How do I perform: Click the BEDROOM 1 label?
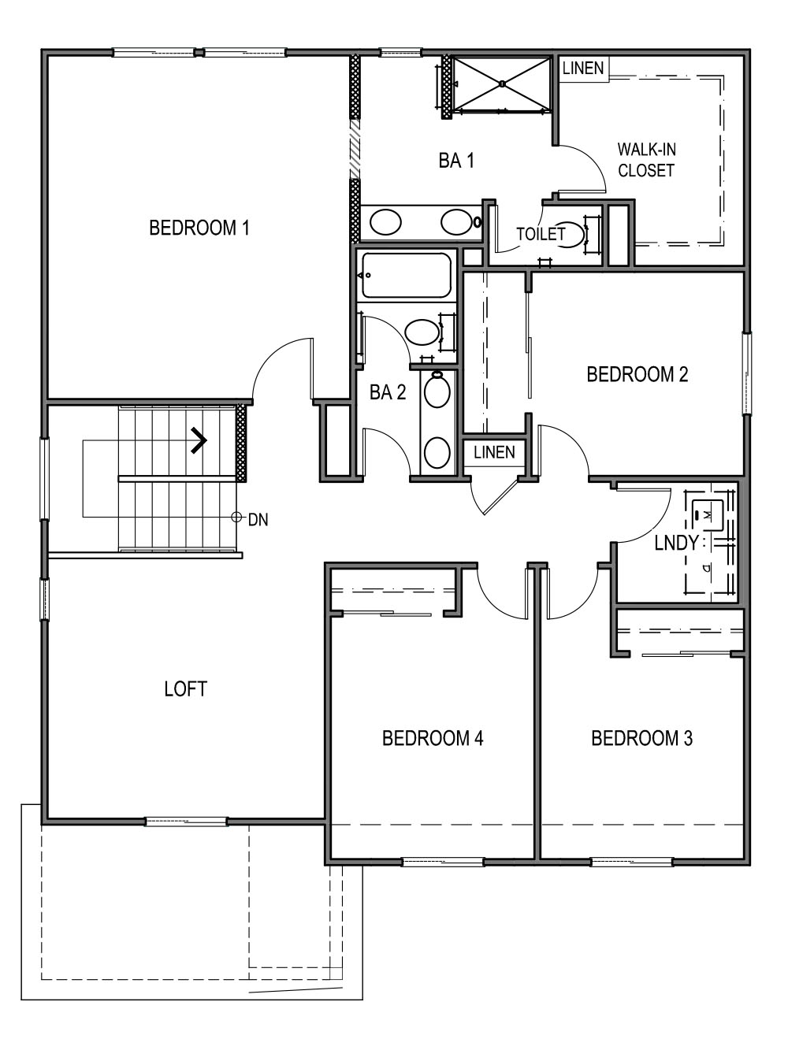199,228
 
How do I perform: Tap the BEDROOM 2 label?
637,374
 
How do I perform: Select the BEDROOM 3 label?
641,738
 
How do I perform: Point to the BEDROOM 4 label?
432,738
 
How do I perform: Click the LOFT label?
185,689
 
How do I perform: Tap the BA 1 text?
456,161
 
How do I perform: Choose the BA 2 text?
388,392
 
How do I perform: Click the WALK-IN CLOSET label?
646,159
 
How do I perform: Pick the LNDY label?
676,543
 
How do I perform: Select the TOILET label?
541,234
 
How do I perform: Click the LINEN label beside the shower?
583,68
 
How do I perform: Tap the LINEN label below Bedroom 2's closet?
494,452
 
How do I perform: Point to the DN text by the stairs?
258,520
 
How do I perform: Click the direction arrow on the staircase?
198,440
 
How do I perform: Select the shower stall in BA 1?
502,83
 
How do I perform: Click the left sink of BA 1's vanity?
385,223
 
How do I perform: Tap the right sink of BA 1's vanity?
455,222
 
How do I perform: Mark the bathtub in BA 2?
406,275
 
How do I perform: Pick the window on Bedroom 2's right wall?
746,373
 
